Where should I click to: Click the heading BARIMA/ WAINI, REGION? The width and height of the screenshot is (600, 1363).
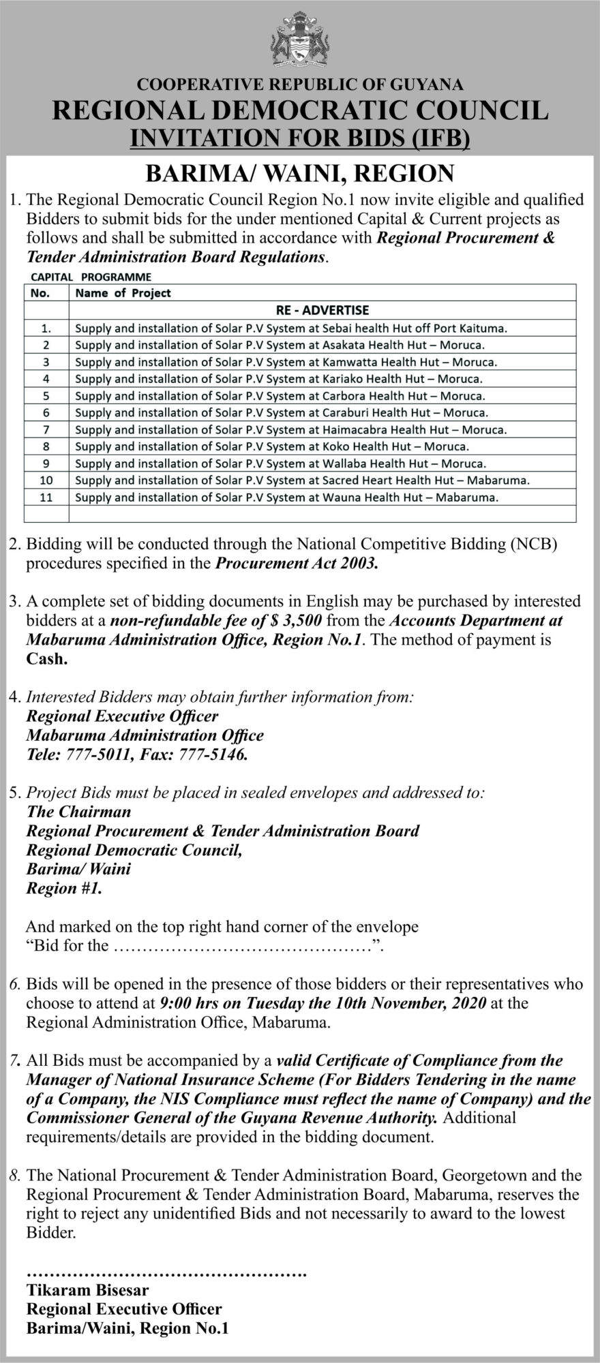coord(300,173)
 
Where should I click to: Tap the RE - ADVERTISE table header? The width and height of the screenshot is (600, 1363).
coord(322,310)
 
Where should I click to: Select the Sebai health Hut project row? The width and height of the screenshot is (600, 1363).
coord(291,328)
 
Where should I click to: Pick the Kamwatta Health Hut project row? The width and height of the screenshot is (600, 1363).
coord(286,362)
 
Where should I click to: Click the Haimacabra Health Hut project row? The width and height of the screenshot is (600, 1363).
coord(290,430)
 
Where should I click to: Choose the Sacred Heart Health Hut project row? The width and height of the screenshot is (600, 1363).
coord(302,480)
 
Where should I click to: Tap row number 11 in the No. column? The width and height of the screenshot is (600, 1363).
coord(46,497)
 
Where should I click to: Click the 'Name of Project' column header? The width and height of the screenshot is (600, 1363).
coord(123,293)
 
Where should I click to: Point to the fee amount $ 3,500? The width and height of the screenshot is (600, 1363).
coord(293,621)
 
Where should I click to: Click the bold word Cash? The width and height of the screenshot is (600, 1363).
coord(48,660)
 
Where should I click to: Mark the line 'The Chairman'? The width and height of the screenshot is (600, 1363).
coord(78,812)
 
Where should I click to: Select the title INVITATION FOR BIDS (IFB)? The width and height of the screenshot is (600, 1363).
coord(300,138)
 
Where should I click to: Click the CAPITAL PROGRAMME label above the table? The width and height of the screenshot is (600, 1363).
coord(91,277)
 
